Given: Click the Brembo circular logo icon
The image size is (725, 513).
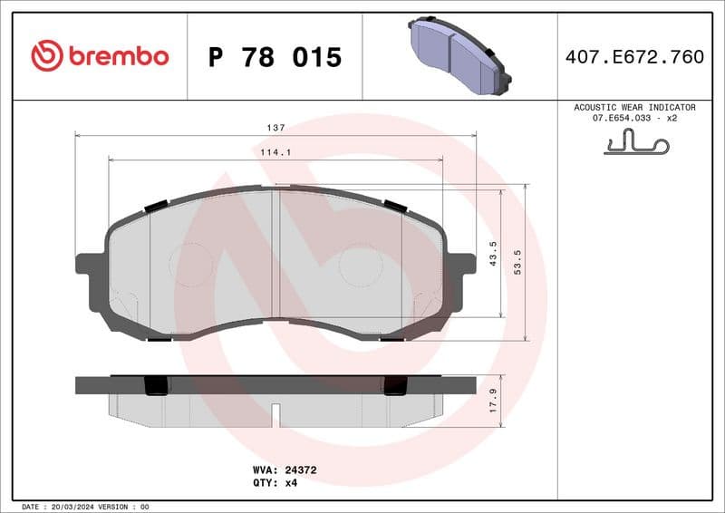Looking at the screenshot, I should click(x=46, y=56).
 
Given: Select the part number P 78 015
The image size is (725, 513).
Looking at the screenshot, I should click(x=275, y=57).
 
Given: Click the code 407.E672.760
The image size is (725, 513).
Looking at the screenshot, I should click(x=634, y=57).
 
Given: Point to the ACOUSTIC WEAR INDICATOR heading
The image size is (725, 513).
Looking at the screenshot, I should click(x=634, y=107).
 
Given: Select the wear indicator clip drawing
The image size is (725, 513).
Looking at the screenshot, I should click(x=635, y=142).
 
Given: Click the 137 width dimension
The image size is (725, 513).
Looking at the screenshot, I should click(x=275, y=128).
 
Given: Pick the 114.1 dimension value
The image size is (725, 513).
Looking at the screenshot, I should click(x=275, y=152).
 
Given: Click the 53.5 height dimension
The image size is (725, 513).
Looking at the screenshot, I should click(x=517, y=263).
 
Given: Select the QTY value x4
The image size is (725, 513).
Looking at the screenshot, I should click(x=292, y=483).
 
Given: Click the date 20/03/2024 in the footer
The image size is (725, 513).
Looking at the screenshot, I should click(x=70, y=506).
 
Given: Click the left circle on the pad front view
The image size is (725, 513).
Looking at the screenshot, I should click(x=190, y=266).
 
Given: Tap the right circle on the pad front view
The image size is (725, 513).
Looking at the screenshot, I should click(x=360, y=266).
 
